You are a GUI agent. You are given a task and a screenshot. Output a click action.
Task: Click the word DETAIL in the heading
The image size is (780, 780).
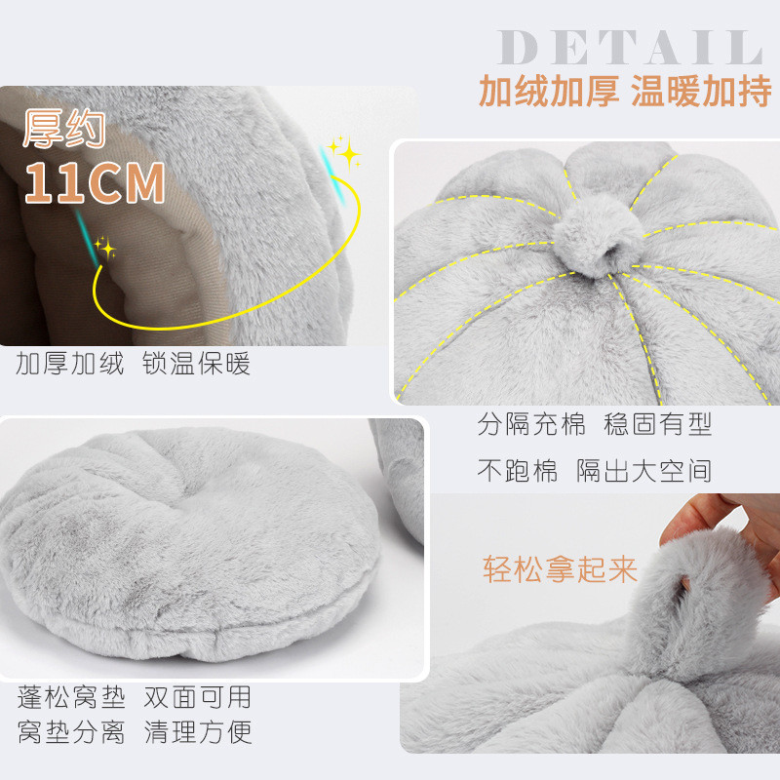tap(629, 48)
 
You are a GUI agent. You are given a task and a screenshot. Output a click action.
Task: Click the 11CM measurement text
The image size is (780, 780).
tap(95, 182)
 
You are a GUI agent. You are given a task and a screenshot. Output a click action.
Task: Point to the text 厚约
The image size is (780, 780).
tap(62, 127)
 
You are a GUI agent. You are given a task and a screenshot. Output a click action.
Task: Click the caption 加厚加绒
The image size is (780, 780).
tap(70, 365)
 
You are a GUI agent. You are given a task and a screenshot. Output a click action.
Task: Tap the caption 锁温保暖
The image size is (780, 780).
tap(196, 365)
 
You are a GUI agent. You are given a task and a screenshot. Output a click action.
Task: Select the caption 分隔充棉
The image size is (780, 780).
tap(531, 424)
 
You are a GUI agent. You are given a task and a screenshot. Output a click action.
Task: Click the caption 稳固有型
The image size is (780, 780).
tap(658, 424)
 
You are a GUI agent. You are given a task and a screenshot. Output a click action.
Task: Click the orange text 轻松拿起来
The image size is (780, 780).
tap(560, 569)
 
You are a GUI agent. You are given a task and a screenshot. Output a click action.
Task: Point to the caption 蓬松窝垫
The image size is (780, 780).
tap(71, 697)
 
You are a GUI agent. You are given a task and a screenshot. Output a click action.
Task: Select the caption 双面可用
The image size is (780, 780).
tap(197, 697)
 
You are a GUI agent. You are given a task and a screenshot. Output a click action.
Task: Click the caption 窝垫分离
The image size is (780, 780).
tap(71, 732)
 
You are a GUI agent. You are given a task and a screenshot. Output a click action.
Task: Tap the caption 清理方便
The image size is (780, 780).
tap(197, 732)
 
